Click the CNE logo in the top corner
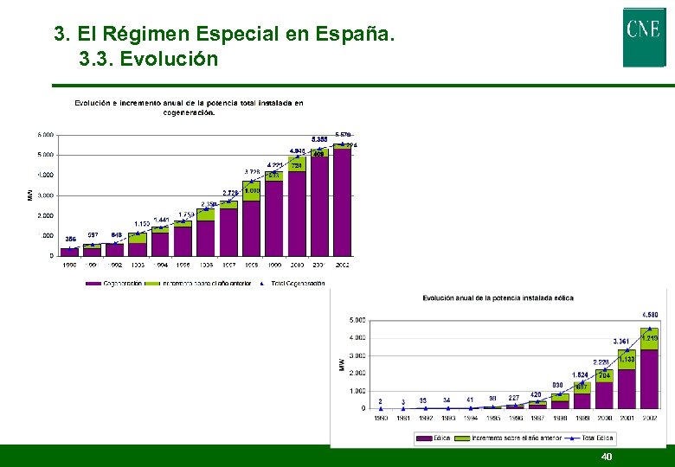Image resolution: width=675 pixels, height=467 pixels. tap(644, 36)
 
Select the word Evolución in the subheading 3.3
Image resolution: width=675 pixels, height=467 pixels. tap(169, 60)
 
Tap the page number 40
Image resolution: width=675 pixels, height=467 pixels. tap(606, 457)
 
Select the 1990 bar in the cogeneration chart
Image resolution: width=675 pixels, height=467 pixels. tap(69, 252)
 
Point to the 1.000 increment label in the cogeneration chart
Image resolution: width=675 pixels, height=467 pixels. tap(252, 190)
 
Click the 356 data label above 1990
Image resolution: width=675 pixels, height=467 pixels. tap(69, 239)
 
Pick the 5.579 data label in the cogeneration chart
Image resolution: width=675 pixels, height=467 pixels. tap(343, 135)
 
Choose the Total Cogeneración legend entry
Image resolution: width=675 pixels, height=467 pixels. tap(297, 283)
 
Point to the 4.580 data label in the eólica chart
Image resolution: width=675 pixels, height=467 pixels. tap(650, 314)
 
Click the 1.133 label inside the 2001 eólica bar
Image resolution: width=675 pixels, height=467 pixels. tap(627, 359)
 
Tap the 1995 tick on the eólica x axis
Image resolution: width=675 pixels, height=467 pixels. tap(492, 418)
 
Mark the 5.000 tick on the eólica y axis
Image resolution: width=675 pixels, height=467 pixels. tap(356, 320)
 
